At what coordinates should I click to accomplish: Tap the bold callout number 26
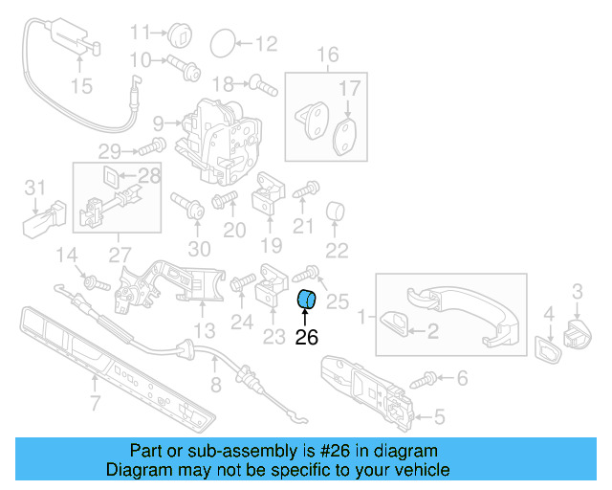pos(306,336)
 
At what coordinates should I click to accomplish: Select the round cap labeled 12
pos(222,42)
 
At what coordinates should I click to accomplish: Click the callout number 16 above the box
pos(327,55)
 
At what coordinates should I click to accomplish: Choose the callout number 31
pos(34,186)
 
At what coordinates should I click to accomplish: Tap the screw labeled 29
pos(151,147)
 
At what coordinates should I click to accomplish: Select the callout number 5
pos(439,415)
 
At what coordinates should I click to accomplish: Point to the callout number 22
pos(337,252)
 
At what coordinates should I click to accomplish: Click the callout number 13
pos(204,331)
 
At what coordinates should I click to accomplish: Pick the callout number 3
pos(578,289)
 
